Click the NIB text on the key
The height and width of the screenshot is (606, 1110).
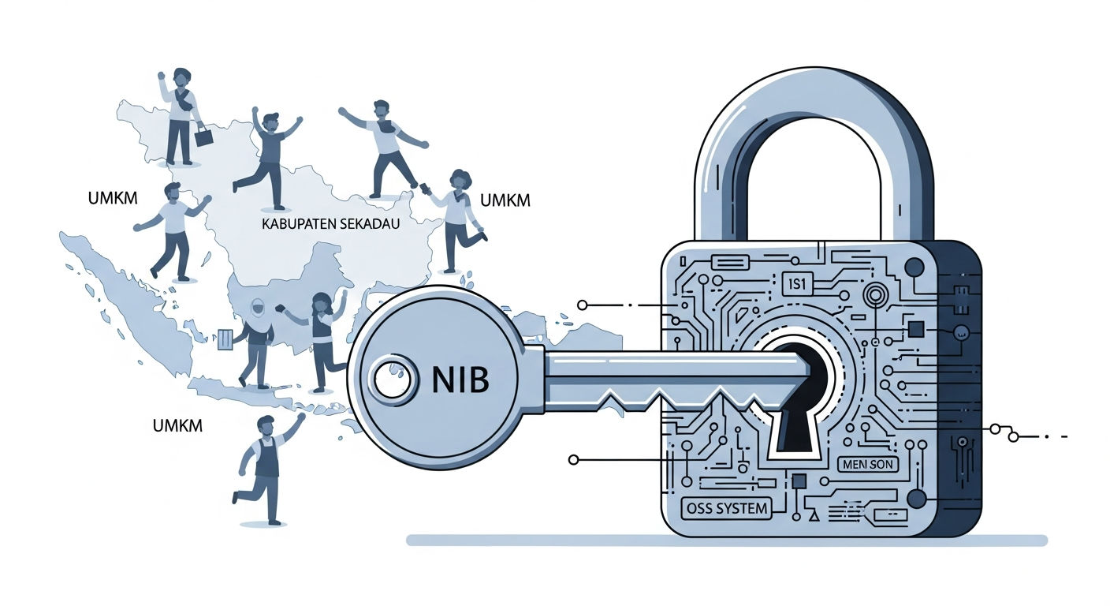coord(460,380)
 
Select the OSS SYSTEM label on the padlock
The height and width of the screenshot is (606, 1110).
coord(727,508)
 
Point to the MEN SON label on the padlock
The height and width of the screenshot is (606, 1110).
coord(868,465)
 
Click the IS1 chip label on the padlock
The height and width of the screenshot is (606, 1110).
coord(797,284)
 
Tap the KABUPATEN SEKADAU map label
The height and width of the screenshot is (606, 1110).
coord(330,223)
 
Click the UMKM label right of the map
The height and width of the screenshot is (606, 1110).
coord(505,200)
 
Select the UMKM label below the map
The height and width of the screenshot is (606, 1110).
coord(177,425)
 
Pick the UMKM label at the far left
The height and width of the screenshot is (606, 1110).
coord(113,198)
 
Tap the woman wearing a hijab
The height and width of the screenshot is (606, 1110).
coord(256,342)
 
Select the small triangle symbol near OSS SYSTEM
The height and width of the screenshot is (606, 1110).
coord(814,516)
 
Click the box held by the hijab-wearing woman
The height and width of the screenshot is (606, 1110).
coord(225,339)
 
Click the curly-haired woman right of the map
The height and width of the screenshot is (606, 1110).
coord(458,221)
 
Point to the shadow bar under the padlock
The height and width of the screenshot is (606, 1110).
coord(727,541)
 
